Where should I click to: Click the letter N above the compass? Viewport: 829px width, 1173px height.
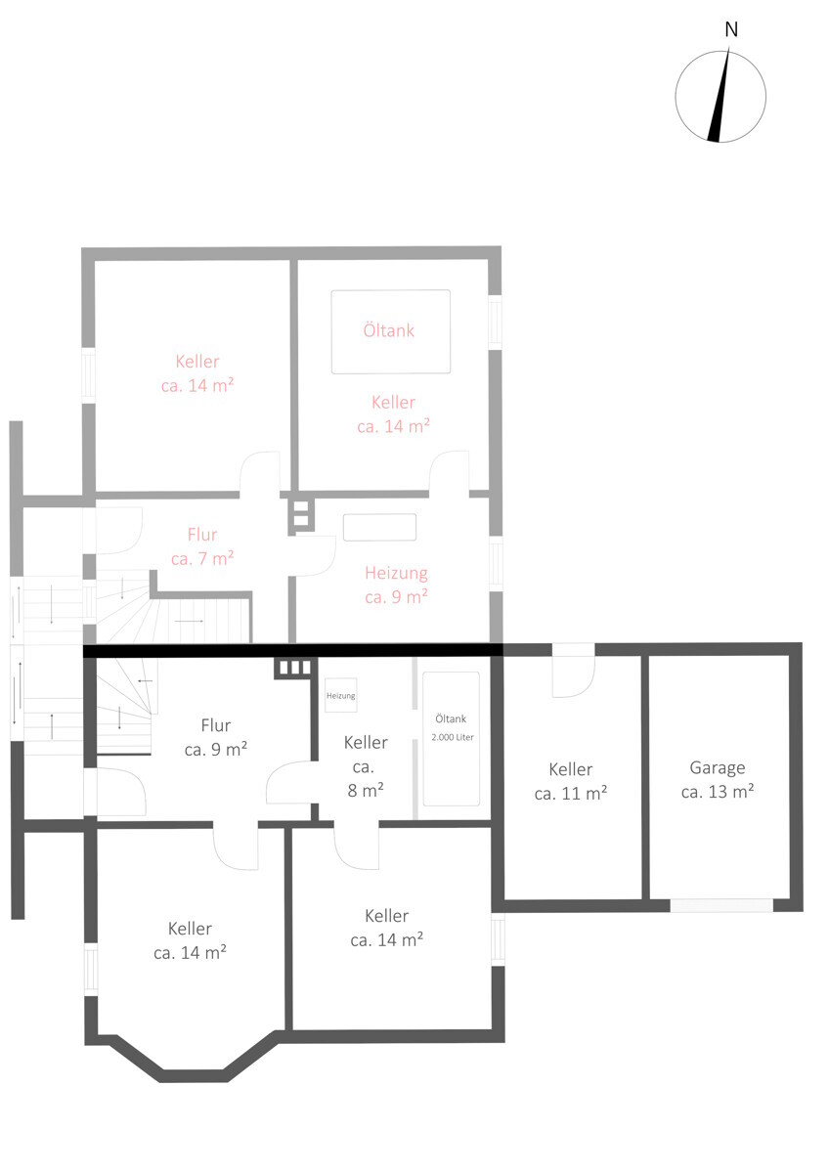click(x=731, y=30)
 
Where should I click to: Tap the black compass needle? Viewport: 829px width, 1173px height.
click(x=719, y=95)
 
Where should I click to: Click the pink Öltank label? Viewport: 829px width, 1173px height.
click(x=388, y=330)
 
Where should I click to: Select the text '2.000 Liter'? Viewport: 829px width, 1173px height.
click(x=453, y=737)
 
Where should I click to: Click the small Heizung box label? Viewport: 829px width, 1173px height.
click(x=340, y=696)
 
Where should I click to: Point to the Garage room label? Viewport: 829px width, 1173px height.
click(x=717, y=767)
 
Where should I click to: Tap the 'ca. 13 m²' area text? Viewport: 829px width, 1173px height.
click(x=717, y=791)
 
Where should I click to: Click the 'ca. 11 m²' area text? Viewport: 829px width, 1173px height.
click(x=570, y=794)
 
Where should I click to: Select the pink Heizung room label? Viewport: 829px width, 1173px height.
click(x=396, y=573)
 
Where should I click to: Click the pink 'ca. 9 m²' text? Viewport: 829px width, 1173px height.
click(x=396, y=596)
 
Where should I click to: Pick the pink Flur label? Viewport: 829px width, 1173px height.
click(x=202, y=535)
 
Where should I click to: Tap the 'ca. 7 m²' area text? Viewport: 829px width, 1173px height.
click(x=202, y=558)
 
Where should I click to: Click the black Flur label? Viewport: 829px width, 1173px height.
click(x=216, y=725)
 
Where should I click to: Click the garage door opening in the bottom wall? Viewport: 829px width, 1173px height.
click(x=721, y=905)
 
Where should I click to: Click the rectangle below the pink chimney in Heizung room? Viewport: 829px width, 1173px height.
click(x=379, y=527)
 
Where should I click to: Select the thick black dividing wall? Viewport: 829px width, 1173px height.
click(x=292, y=650)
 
